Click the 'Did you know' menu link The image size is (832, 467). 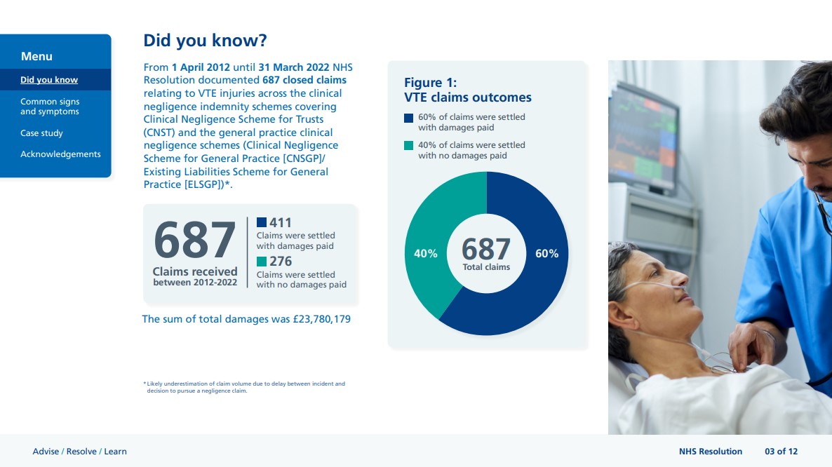49,79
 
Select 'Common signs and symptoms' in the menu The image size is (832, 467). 50,106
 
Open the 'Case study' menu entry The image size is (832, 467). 41,133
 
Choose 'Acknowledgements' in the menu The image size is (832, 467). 60,154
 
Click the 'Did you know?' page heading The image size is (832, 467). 205,40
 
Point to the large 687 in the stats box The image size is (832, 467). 195,240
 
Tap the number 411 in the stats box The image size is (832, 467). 280,223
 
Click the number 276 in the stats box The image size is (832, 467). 280,262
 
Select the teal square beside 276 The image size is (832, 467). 262,262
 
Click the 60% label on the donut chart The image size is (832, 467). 546,253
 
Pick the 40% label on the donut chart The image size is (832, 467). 426,253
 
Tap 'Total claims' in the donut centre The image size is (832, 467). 486,267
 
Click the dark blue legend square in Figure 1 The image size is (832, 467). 408,119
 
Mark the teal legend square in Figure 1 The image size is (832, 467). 408,145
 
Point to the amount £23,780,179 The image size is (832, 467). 321,319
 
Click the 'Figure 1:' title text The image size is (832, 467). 430,83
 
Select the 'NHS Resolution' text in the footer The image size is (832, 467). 711,451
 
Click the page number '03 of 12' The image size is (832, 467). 781,451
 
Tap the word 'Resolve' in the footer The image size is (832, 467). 81,451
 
